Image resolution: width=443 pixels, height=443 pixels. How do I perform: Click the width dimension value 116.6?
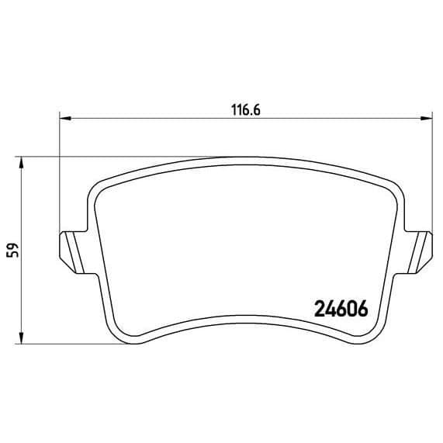click(x=246, y=109)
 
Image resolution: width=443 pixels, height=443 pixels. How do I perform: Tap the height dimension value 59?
click(x=13, y=250)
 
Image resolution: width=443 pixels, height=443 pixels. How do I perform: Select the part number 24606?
click(x=341, y=309)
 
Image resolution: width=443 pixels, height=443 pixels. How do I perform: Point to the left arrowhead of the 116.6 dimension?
click(x=65, y=119)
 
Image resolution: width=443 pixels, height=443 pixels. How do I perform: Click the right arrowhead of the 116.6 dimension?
click(x=427, y=119)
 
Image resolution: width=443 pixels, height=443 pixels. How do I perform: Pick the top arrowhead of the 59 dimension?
click(x=21, y=162)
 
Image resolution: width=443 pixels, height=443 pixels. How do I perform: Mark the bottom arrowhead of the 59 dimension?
click(x=21, y=338)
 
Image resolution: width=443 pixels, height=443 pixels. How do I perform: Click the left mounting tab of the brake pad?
click(x=74, y=252)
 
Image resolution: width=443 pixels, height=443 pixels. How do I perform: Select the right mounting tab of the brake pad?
click(x=418, y=252)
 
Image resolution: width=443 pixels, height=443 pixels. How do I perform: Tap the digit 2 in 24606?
click(x=320, y=309)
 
